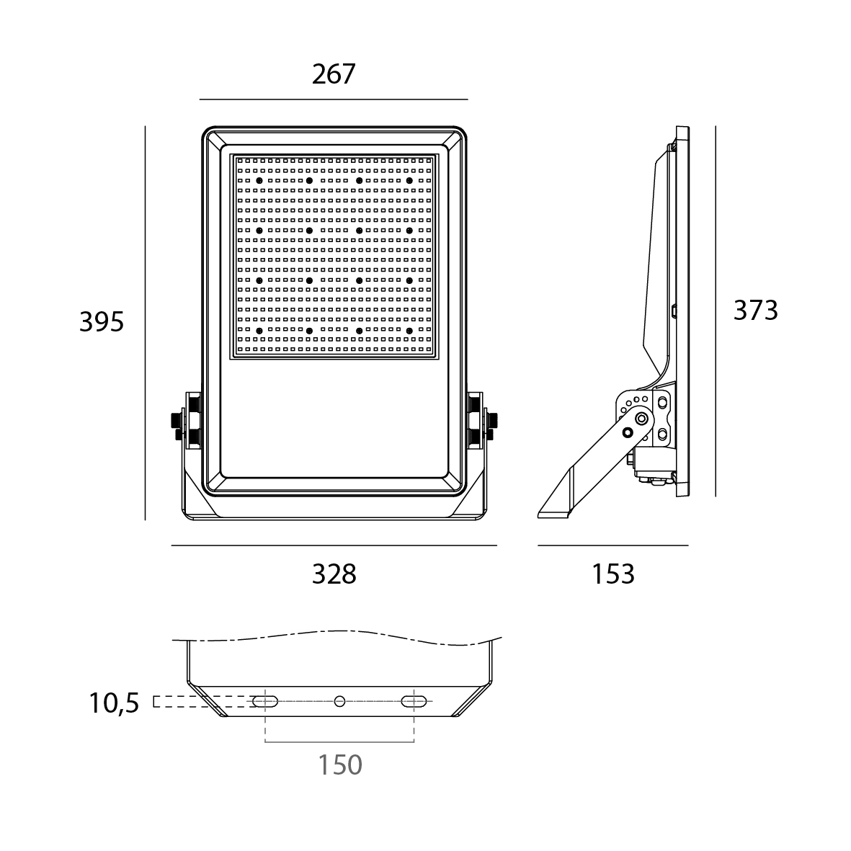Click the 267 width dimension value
[333, 73]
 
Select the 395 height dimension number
[102, 322]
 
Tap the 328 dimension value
[334, 574]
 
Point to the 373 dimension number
[755, 311]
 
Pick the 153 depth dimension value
[612, 574]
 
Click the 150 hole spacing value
[339, 765]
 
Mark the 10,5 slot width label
[114, 703]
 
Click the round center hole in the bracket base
[339, 702]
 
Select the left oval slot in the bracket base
[265, 702]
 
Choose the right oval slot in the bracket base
[414, 702]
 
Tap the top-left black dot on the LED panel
[259, 180]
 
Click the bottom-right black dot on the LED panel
[409, 331]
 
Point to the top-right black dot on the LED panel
[409, 180]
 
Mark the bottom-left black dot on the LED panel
[259, 331]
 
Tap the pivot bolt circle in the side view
[642, 418]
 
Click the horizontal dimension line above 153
[613, 545]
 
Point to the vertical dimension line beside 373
[716, 311]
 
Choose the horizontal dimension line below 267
[334, 99]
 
